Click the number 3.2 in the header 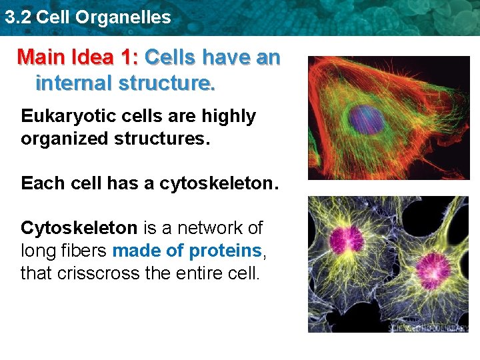tap(17, 17)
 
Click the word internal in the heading tap(74, 84)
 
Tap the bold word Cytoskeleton tap(79, 228)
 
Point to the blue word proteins tap(226, 251)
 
